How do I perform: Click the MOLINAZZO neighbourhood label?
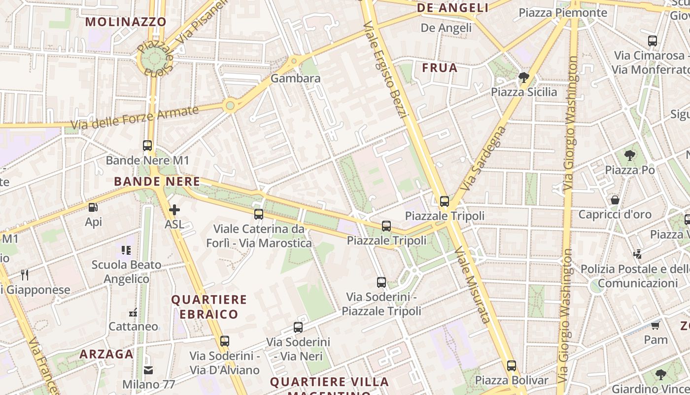coord(126,22)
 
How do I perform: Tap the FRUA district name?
coord(440,68)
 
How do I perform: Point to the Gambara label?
coord(296,78)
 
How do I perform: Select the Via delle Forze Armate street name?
coord(135,117)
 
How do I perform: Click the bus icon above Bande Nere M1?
coord(147,146)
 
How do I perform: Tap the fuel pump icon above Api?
coord(93,207)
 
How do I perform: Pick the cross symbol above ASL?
coord(174,210)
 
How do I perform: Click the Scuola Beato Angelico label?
coord(127,272)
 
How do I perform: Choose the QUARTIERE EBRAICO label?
coord(209,307)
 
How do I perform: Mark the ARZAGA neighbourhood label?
coord(106,354)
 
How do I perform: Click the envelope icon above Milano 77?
coord(148,370)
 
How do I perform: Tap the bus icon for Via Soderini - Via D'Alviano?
coord(225,341)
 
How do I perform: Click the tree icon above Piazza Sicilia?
coord(523,77)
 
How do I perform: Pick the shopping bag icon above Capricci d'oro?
coord(615,200)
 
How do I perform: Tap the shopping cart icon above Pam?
coord(655,325)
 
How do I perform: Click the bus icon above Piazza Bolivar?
coord(512,366)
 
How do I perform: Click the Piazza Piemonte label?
coord(563,12)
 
